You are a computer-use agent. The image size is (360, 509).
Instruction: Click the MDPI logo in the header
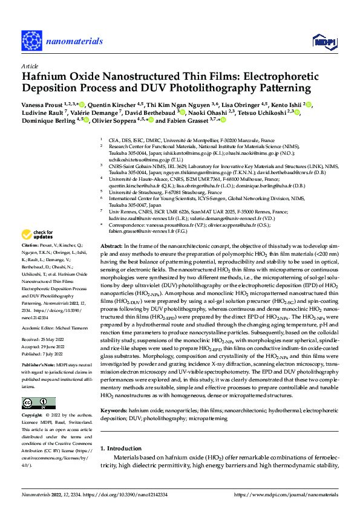coord(324,41)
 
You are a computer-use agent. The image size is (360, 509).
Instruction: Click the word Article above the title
coord(29,66)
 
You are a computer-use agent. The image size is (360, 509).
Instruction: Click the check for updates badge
coord(38,235)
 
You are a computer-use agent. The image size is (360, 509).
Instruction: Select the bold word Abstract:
coord(111,247)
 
